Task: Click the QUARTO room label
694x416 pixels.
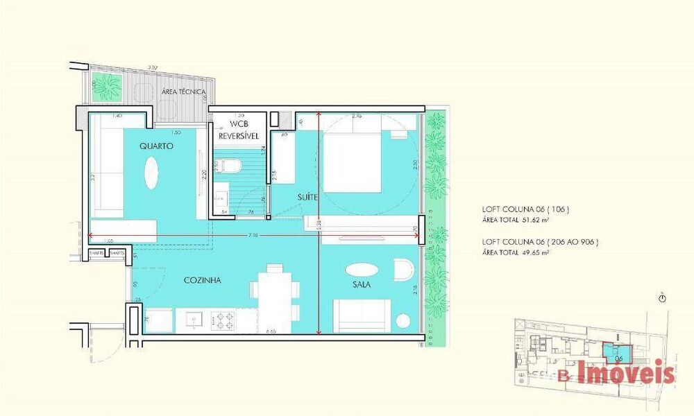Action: coord(156,146)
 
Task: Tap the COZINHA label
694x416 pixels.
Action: coord(203,280)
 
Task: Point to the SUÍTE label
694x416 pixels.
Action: coord(307,197)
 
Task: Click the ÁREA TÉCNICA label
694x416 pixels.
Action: coord(183,92)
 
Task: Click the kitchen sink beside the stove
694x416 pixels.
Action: coord(193,320)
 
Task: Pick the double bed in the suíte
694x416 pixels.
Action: coord(353,164)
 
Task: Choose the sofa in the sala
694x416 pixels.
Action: coord(362,316)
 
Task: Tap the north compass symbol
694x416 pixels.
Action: coord(663,298)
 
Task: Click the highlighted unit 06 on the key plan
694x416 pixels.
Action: coord(617,354)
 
